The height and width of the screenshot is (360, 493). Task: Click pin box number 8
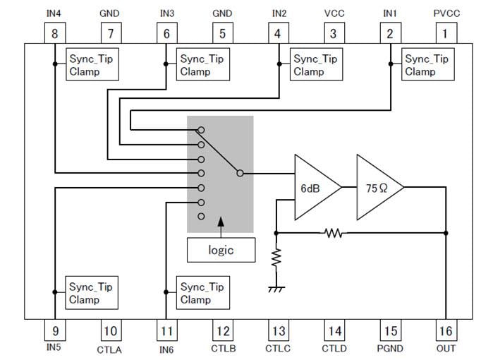point(54,33)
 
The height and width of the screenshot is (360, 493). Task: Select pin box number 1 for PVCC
point(444,33)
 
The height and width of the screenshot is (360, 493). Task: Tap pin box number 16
point(445,330)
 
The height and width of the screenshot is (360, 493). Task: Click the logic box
point(220,250)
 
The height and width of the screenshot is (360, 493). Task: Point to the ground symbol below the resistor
point(276,288)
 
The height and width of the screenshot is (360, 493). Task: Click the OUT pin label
point(446,348)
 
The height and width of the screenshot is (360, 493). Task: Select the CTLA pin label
point(109,349)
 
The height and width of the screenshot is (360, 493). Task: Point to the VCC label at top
point(334,13)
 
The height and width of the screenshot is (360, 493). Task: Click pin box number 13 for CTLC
point(277,330)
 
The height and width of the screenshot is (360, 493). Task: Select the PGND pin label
point(389,349)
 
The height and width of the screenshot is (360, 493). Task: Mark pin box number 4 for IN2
point(277,33)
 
